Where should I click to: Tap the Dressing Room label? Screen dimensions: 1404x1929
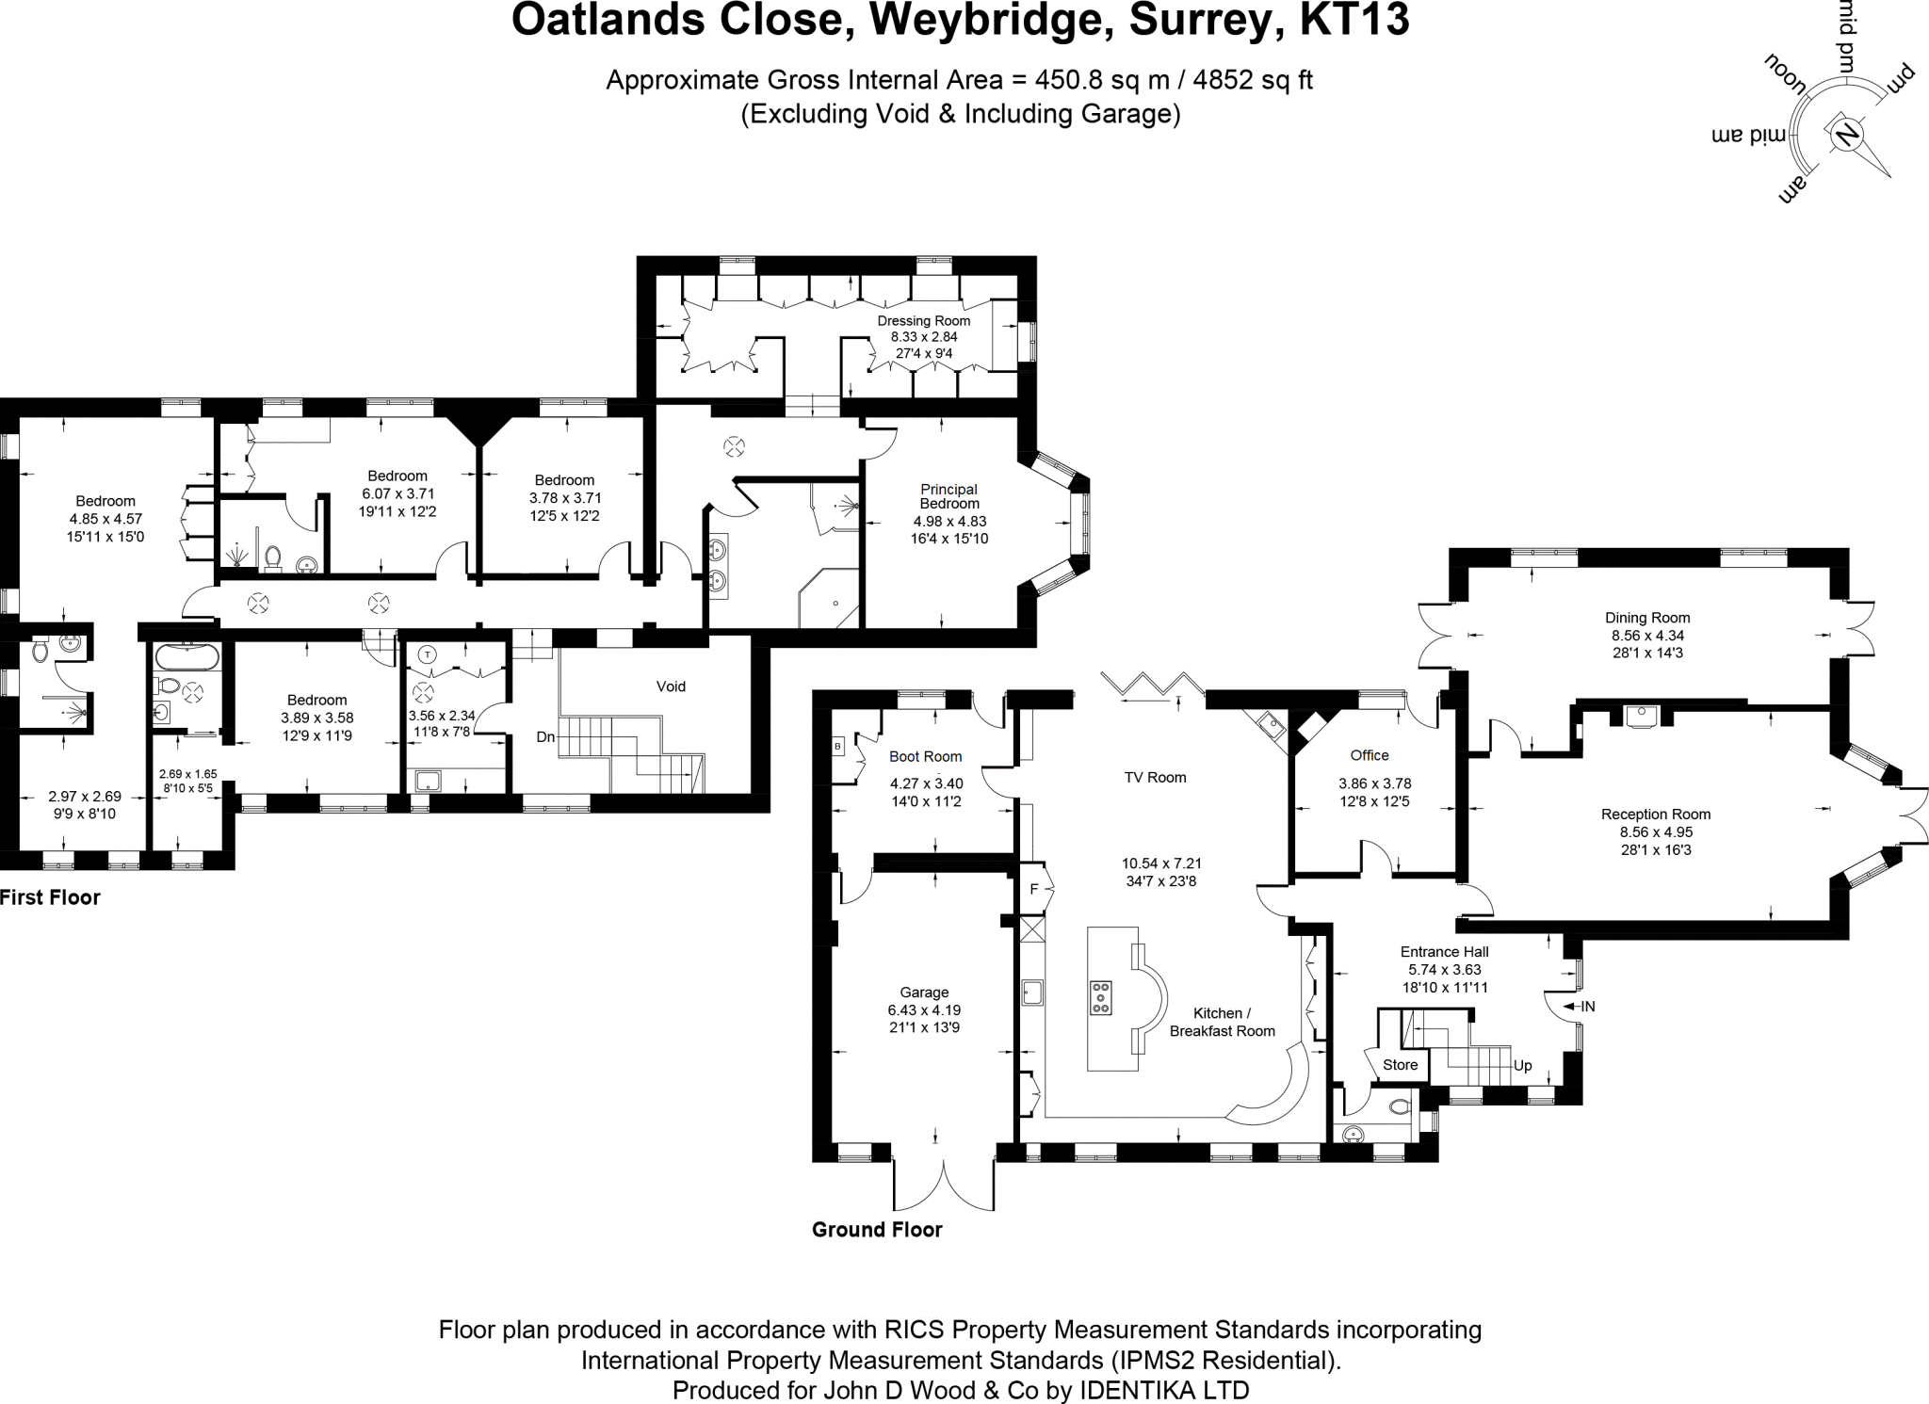click(923, 321)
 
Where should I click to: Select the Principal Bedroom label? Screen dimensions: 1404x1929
click(948, 496)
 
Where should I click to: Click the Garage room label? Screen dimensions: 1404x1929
click(923, 992)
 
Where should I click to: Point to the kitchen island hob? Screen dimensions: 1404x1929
click(1100, 997)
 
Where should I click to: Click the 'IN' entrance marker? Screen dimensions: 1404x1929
click(1588, 1007)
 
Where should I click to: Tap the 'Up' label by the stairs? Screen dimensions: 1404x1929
click(1523, 1066)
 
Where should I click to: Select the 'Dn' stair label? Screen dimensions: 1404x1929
click(545, 736)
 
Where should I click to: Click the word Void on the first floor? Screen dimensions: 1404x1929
click(671, 686)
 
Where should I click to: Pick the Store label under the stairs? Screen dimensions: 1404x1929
click(1400, 1065)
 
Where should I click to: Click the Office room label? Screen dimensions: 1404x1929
click(1369, 755)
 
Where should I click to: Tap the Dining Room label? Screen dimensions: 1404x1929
click(1647, 618)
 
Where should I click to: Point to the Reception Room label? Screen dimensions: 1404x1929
click(1655, 815)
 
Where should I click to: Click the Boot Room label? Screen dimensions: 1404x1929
click(925, 756)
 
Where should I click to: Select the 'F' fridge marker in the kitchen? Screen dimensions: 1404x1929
click(1033, 889)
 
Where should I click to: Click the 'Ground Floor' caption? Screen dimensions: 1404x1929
click(877, 1230)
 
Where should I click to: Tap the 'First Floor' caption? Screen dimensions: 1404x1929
click(51, 897)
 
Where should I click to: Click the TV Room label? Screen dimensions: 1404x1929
click(1155, 778)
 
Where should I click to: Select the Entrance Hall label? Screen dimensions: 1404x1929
click(1444, 952)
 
